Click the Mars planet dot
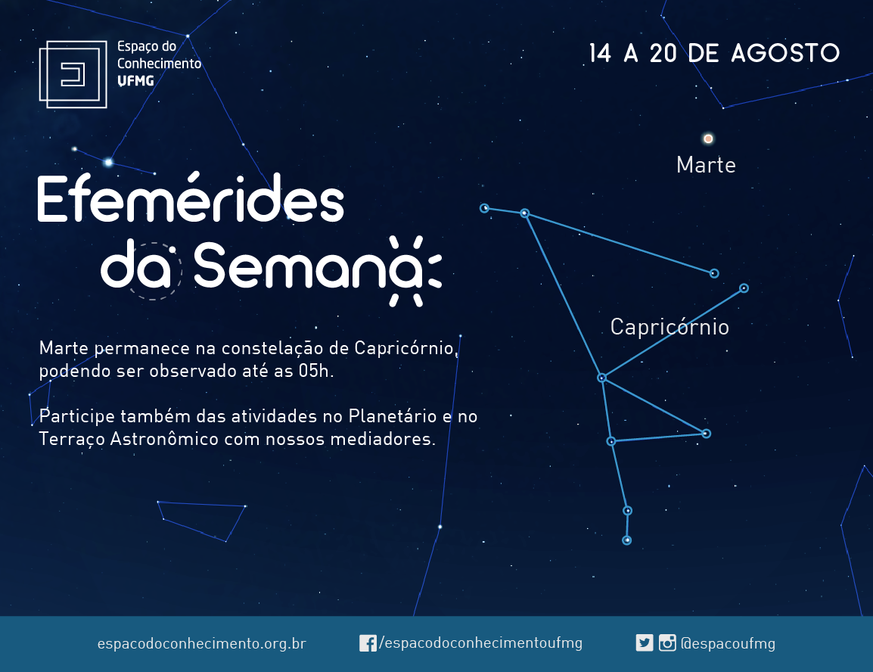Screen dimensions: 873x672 click(708, 138)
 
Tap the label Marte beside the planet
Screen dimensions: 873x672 click(706, 166)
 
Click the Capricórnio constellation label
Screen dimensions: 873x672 click(670, 327)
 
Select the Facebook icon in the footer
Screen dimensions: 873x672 click(368, 643)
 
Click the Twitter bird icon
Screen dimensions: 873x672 click(645, 643)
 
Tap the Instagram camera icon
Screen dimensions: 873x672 click(667, 643)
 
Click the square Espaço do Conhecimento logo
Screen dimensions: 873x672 click(73, 74)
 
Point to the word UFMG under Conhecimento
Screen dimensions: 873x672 click(135, 81)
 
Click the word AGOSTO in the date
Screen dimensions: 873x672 click(785, 54)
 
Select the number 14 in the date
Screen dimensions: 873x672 click(600, 54)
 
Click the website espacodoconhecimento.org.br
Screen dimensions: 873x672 click(201, 643)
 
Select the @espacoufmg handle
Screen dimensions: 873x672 click(728, 643)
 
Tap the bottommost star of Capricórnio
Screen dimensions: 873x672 click(627, 540)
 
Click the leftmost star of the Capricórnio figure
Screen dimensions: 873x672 click(484, 208)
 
